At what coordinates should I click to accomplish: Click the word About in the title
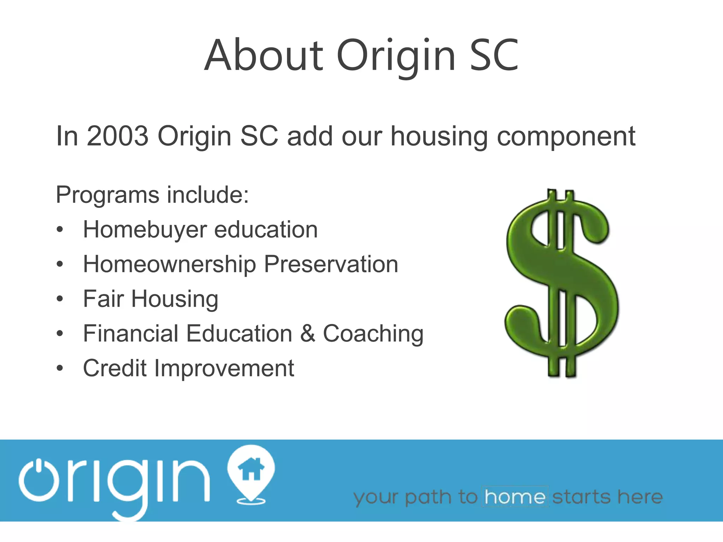(x=264, y=55)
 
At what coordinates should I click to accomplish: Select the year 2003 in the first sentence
(x=118, y=136)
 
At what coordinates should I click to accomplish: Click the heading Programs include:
(x=153, y=195)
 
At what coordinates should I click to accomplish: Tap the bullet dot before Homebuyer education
(x=60, y=230)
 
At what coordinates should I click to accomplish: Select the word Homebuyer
(x=145, y=230)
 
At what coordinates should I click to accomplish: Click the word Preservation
(x=331, y=264)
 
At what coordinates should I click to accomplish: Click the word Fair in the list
(x=103, y=299)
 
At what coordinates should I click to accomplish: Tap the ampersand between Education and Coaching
(x=307, y=333)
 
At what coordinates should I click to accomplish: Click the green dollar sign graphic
(x=561, y=282)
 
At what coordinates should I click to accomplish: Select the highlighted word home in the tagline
(x=515, y=497)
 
